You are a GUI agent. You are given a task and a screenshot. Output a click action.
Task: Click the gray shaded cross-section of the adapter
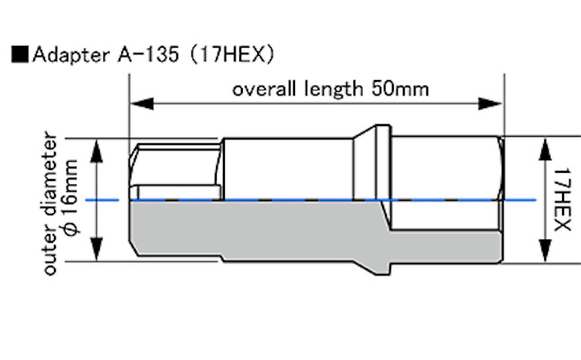click(x=270, y=232)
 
